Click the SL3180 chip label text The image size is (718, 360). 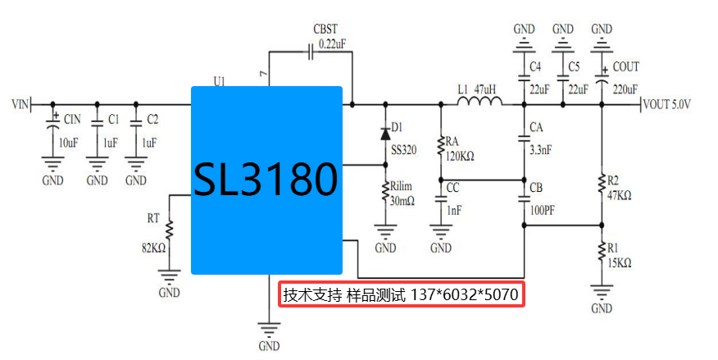[x=266, y=180]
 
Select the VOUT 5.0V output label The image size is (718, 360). [x=668, y=105]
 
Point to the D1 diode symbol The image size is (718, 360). [x=385, y=133]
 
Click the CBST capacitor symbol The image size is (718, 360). [x=311, y=52]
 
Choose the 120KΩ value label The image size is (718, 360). [x=461, y=156]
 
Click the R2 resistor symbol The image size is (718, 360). [x=602, y=185]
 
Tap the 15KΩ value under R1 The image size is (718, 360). [x=619, y=262]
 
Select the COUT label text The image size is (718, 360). [x=626, y=66]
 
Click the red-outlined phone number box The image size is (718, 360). [x=401, y=294]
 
